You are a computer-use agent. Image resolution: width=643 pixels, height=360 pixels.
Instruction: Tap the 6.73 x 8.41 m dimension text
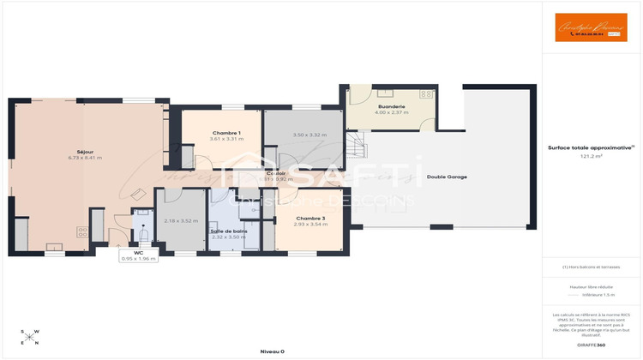pyautogui.click(x=85, y=159)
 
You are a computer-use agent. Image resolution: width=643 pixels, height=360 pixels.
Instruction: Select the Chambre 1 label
pyautogui.click(x=226, y=132)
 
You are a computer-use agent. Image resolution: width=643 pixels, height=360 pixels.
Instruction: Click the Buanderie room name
pyautogui.click(x=391, y=106)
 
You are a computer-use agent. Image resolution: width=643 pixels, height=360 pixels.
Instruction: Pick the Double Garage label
pyautogui.click(x=447, y=177)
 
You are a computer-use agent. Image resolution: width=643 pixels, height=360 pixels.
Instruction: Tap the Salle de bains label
pyautogui.click(x=229, y=231)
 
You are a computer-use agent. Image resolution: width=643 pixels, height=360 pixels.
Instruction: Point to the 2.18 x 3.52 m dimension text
pyautogui.click(x=175, y=220)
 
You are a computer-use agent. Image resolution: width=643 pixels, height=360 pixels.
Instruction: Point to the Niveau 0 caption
pyautogui.click(x=272, y=351)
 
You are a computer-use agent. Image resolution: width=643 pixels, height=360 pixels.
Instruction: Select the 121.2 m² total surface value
pyautogui.click(x=591, y=157)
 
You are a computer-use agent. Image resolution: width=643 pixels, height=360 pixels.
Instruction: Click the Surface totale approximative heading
pyautogui.click(x=590, y=147)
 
